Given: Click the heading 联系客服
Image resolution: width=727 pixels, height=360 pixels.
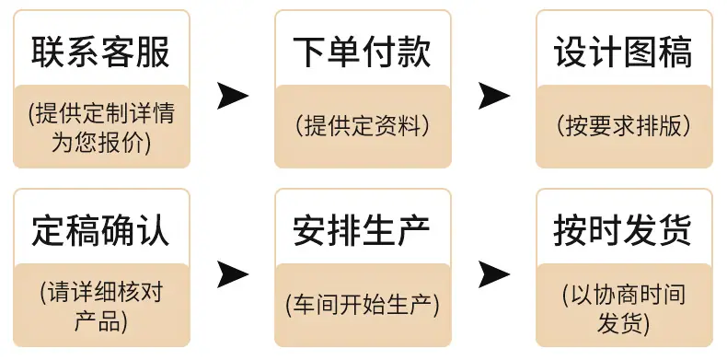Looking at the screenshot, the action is click(101, 52).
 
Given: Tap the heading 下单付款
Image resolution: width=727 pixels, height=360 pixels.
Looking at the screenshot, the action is click(362, 52).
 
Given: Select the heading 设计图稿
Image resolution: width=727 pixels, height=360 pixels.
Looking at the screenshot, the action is click(624, 52).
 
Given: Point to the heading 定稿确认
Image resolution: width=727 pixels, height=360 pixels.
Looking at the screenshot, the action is click(101, 230).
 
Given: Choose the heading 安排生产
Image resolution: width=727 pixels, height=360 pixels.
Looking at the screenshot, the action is click(362, 230).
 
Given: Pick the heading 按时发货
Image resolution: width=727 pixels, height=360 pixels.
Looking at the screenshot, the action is click(624, 230).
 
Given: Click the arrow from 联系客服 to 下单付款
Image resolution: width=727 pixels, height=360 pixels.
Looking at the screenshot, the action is click(232, 96).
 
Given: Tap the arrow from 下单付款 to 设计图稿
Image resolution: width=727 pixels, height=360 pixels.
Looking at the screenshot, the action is click(494, 96).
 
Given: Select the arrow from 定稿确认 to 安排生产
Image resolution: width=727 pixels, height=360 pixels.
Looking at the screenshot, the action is click(232, 274).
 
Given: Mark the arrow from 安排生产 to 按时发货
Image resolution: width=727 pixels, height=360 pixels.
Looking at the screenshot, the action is click(494, 274).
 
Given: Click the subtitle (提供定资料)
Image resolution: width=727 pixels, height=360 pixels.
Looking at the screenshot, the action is click(363, 126).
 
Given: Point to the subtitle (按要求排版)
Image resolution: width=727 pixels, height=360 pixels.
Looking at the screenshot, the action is click(624, 126).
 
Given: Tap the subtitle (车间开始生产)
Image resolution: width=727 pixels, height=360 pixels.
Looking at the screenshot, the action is click(363, 305).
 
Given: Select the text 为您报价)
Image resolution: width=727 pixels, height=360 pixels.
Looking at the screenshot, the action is click(101, 143).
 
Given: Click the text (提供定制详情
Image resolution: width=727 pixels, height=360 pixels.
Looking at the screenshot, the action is click(101, 112).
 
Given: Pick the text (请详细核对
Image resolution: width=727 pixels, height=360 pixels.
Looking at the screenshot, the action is click(101, 292).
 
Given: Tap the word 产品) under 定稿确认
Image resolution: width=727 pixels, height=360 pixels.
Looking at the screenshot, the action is click(101, 322).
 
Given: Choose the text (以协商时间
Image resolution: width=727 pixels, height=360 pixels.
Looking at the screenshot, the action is click(624, 292).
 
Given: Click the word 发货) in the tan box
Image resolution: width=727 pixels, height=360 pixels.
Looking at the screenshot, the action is click(624, 322).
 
